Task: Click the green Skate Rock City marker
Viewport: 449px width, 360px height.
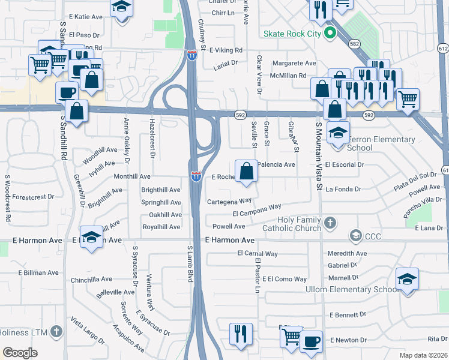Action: (x=329, y=34)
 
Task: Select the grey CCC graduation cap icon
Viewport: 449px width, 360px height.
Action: (x=357, y=235)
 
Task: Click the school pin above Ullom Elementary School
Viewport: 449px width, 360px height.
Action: (x=407, y=280)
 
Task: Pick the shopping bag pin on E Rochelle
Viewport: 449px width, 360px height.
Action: (x=247, y=171)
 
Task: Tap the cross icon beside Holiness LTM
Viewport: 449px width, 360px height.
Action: (x=56, y=331)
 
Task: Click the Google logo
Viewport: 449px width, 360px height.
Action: (x=20, y=353)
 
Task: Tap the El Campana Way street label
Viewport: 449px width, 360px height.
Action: (x=257, y=210)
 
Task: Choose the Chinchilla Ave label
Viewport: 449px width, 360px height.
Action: (x=91, y=279)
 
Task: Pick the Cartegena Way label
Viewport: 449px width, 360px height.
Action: (x=229, y=201)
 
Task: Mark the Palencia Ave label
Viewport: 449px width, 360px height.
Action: (x=276, y=164)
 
